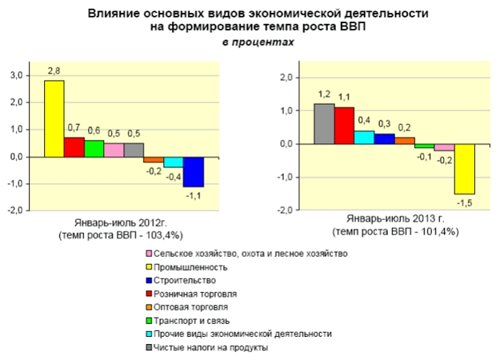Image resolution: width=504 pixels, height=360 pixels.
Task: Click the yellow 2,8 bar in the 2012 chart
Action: click(x=54, y=118)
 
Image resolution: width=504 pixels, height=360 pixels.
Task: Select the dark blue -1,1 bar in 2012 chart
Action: click(x=193, y=172)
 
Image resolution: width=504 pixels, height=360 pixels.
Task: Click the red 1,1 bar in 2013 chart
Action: click(x=344, y=126)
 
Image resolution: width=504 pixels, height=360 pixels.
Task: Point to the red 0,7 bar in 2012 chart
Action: click(x=74, y=147)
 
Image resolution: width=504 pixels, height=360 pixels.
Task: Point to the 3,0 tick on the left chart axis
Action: click(x=16, y=75)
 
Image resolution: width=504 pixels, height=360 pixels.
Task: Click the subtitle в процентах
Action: click(x=251, y=42)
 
